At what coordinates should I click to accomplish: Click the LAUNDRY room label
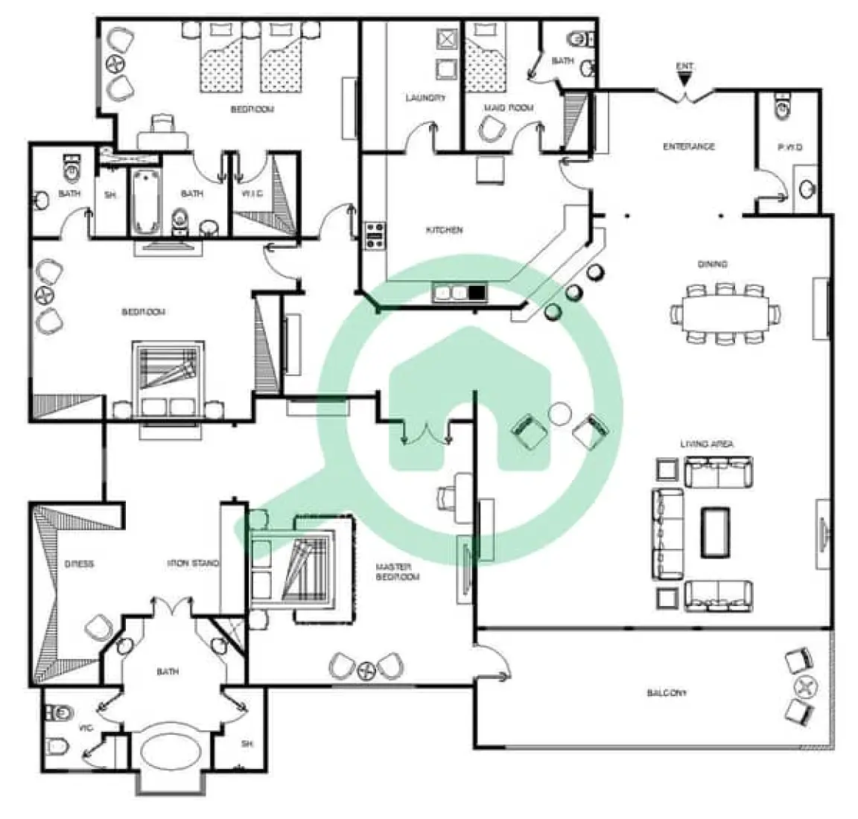coord(425,98)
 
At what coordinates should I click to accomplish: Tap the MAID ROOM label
coord(509,108)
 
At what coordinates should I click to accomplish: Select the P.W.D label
coord(789,147)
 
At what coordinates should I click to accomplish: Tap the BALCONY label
coord(665,692)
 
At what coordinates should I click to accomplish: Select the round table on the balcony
coord(803,686)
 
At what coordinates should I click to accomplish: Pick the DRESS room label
coord(78,564)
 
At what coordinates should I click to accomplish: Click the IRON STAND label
coord(192,564)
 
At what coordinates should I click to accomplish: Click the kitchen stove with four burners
coord(374,235)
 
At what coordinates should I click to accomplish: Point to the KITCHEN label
coord(444,230)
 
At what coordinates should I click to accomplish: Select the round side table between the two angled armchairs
coord(559,412)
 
